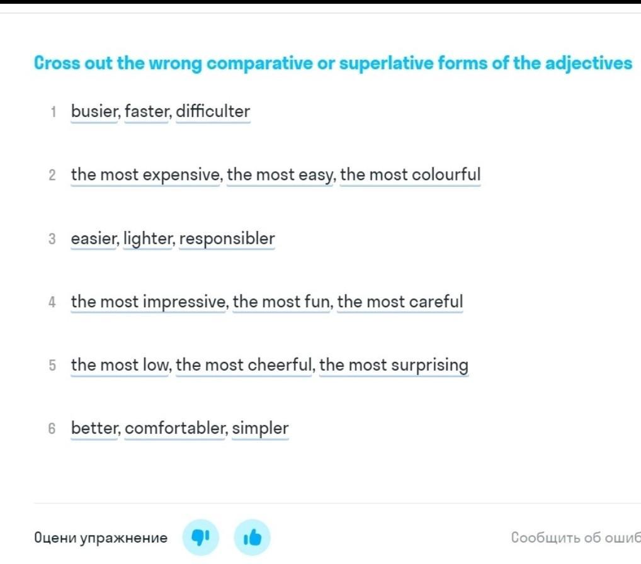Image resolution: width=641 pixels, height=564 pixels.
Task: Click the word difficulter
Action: tap(213, 111)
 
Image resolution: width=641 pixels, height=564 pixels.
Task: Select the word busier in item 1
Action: tap(94, 111)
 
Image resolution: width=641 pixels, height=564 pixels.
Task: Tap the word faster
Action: tap(146, 111)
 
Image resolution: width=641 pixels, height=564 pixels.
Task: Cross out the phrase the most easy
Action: tap(280, 175)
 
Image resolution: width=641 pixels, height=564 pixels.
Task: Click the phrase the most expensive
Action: tap(145, 175)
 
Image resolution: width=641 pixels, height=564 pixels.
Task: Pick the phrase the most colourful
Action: tap(410, 175)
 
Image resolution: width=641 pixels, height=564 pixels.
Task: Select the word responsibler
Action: tap(227, 239)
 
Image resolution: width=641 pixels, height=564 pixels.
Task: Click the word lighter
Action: tap(147, 239)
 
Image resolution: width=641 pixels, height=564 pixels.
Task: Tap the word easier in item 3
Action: tap(94, 239)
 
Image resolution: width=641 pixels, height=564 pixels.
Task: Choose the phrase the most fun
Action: tap(281, 302)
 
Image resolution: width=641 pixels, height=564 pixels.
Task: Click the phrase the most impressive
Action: tap(148, 302)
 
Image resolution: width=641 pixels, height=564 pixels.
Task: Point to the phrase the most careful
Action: tap(400, 302)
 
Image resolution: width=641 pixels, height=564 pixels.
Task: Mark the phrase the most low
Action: tap(120, 365)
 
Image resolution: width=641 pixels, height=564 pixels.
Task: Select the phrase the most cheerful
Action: tap(244, 365)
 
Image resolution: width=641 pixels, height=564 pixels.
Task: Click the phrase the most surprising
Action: tap(394, 365)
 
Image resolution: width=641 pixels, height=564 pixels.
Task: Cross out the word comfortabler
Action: tap(174, 429)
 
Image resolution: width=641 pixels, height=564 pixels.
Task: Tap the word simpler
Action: tap(261, 429)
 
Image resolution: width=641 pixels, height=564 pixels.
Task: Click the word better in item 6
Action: tap(94, 429)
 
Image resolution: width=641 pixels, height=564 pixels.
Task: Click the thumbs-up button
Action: tap(252, 538)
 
